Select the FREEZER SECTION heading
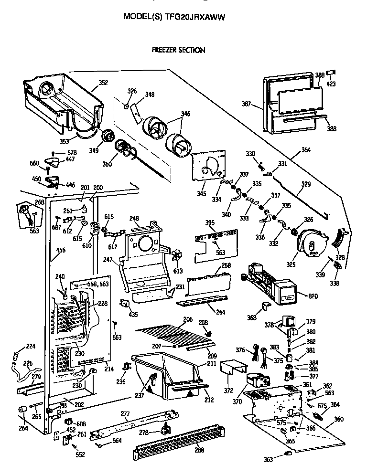tap(178, 50)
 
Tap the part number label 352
tap(103, 83)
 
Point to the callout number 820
tap(313, 296)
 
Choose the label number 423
tap(331, 84)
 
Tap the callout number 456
tap(60, 250)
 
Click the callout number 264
tap(23, 428)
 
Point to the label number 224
tap(31, 346)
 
